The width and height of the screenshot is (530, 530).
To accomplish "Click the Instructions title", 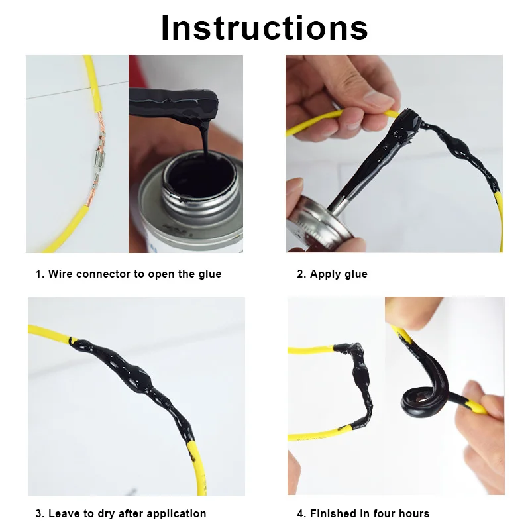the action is click(264, 28).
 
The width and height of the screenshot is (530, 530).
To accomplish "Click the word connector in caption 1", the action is click(104, 274).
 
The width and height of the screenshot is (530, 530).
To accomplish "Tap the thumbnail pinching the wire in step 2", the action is click(378, 99).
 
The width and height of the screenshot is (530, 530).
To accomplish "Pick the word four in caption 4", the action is click(384, 514).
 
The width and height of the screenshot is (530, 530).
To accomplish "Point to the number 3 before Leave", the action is click(39, 514).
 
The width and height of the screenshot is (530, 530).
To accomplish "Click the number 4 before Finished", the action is click(301, 514).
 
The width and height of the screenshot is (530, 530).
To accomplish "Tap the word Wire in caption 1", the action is click(60, 274).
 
